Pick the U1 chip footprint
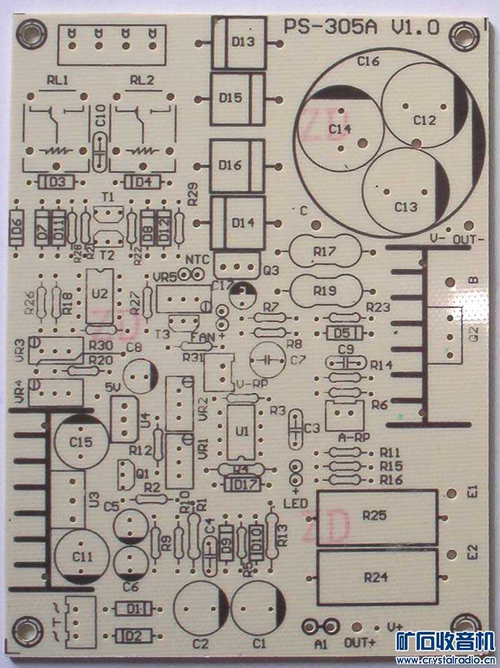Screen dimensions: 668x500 241,432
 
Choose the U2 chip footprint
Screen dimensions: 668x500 100,294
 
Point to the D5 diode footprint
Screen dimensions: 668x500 341,332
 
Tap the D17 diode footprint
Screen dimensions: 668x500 241,484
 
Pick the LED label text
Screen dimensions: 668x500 292,504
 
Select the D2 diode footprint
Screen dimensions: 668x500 133,636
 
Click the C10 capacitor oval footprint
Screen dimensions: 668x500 99,151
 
